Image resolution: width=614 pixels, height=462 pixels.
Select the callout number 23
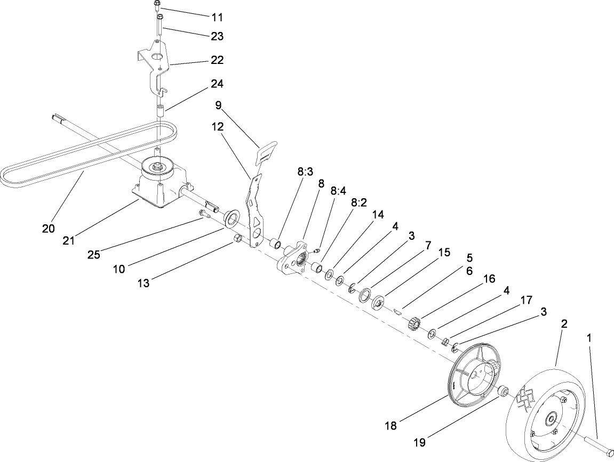click(217, 37)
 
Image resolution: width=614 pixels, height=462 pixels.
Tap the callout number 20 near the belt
click(49, 229)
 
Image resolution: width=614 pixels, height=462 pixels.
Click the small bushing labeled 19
click(503, 392)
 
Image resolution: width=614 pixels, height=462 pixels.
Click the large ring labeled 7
click(366, 295)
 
